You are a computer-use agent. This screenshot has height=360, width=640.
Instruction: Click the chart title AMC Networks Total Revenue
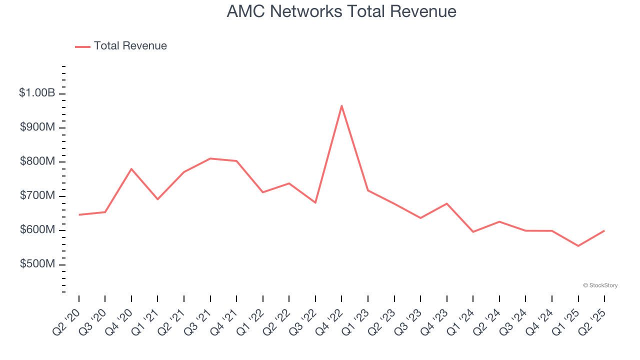(341, 11)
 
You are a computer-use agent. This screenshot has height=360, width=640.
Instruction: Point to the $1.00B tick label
(37, 93)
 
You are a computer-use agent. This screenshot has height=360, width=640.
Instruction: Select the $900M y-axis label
(37, 127)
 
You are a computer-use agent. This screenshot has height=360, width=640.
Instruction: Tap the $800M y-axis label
(37, 161)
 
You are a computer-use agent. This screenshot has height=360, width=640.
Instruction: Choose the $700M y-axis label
(37, 195)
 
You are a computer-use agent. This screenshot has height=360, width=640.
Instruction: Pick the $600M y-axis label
(37, 230)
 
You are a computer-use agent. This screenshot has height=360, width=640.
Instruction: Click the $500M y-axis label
(37, 264)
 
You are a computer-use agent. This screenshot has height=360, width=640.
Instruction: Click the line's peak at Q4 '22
(341, 105)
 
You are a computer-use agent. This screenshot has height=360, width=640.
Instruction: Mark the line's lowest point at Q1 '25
(578, 246)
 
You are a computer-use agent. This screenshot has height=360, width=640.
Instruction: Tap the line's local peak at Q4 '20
(131, 169)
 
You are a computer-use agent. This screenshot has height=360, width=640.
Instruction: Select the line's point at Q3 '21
(210, 158)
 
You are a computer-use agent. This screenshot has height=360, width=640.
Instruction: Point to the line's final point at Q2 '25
(604, 230)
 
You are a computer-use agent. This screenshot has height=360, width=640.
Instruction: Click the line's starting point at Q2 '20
(79, 215)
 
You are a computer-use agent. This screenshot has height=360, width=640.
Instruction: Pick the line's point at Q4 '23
(446, 203)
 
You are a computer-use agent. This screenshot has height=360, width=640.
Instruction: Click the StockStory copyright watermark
(600, 285)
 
